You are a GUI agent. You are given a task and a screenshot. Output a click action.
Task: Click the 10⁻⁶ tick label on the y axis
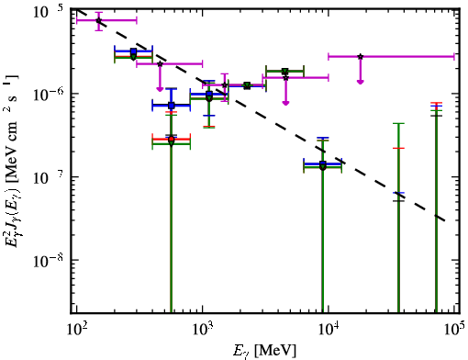point(49,94)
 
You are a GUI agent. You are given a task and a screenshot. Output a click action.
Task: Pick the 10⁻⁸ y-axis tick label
point(49,260)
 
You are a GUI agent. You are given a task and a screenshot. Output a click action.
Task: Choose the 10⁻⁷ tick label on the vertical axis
point(49,177)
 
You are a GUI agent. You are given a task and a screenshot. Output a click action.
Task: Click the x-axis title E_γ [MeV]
point(264,350)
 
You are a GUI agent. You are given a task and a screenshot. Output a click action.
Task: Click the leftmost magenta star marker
point(98,20)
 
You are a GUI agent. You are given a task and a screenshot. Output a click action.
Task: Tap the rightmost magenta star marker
point(361,57)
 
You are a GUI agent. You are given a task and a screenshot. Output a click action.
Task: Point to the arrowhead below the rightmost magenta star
point(361,82)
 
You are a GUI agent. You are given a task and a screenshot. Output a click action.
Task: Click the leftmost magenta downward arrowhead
point(160,89)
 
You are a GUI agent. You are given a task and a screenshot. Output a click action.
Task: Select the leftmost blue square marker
point(133,51)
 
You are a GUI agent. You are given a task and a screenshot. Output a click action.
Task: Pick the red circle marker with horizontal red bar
point(172,139)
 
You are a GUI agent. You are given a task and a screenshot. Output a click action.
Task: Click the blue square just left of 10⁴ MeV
point(323,163)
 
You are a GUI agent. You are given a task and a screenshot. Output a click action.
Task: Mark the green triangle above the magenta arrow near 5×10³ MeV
point(285,72)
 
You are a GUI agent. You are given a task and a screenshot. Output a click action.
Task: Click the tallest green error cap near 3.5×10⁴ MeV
point(398,123)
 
